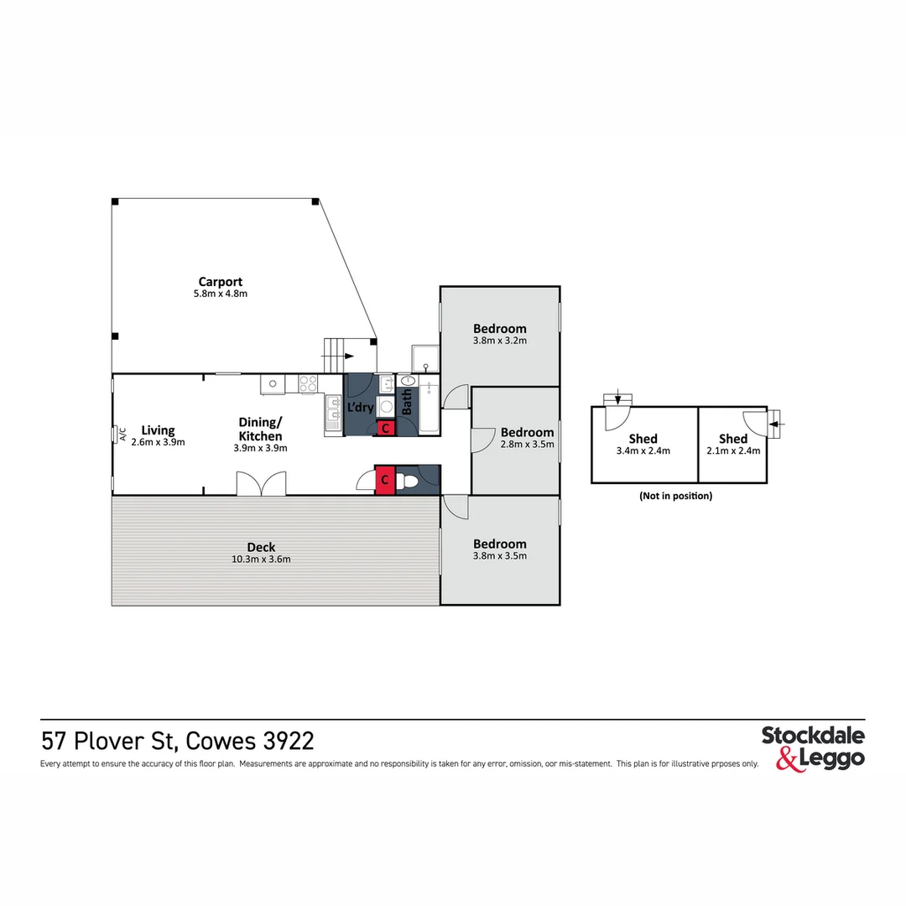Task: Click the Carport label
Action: [221, 282]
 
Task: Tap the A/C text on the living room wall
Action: [122, 435]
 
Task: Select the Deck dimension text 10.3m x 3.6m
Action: [261, 560]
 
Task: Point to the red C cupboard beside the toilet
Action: [384, 480]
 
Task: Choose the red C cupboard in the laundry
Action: [385, 428]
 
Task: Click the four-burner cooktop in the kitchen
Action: [308, 384]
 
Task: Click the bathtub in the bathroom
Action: [429, 406]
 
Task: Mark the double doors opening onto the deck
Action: [261, 484]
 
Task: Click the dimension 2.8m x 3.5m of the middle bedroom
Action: [527, 445]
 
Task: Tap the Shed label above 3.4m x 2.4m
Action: [643, 438]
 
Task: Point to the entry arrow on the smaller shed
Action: [778, 424]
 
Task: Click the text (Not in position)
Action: [675, 496]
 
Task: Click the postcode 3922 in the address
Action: [289, 742]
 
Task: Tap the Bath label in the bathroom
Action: [407, 403]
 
